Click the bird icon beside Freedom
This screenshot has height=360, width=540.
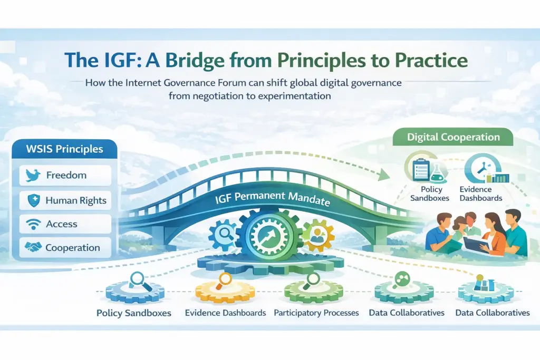pyautogui.click(x=33, y=175)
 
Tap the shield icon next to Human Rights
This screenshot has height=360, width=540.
pyautogui.click(x=34, y=200)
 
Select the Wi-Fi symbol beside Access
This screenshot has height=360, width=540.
pyautogui.click(x=33, y=224)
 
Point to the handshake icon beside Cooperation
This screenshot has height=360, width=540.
pyautogui.click(x=33, y=247)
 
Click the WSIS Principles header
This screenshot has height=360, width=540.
pyautogui.click(x=64, y=149)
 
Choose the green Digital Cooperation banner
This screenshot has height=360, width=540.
pyautogui.click(x=453, y=137)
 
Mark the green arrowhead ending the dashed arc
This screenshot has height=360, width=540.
pyautogui.click(x=383, y=174)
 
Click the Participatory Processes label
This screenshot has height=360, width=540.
pyautogui.click(x=316, y=313)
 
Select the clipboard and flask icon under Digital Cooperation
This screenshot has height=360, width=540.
pyautogui.click(x=426, y=168)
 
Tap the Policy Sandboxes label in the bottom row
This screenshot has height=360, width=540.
pyautogui.click(x=133, y=313)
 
